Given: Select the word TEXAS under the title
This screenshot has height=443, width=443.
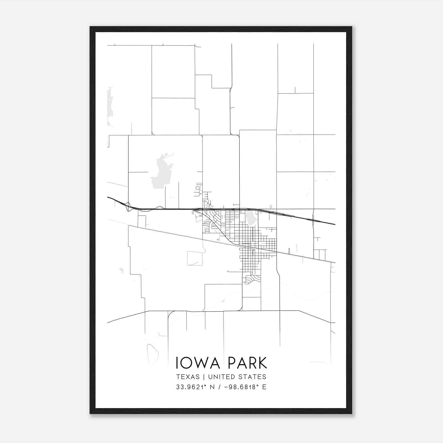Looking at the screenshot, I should [x=188, y=377].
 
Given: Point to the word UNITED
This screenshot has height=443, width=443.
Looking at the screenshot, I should [x=222, y=377].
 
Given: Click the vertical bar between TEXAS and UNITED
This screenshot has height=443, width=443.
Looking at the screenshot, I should [x=204, y=377].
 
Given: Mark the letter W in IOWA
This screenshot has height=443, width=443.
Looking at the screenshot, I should [x=204, y=363].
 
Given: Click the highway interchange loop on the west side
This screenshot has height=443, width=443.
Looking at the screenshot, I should [x=128, y=207].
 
